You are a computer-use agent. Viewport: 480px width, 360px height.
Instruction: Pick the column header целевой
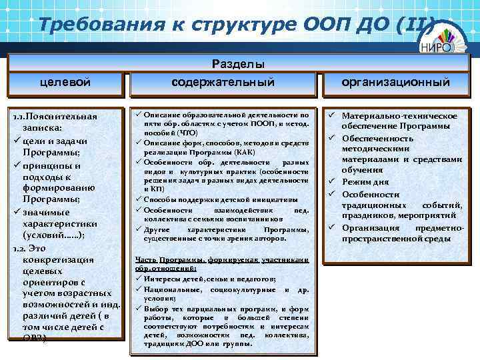[65, 82]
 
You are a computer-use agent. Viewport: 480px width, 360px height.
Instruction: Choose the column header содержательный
[223, 82]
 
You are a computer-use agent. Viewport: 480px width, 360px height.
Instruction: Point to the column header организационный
[395, 82]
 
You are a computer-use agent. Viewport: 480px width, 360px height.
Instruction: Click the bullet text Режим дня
[366, 182]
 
